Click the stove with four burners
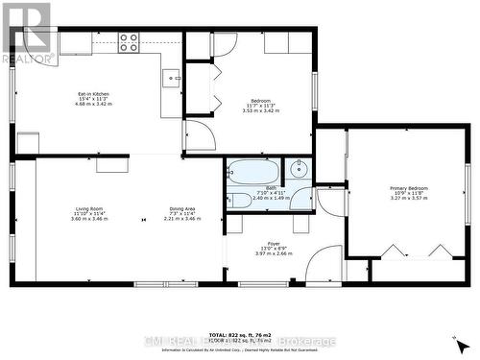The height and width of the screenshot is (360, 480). [129, 41]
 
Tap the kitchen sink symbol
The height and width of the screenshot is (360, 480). [172, 78]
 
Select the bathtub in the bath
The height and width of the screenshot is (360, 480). [252, 173]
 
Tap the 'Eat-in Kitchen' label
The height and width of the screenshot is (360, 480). [93, 93]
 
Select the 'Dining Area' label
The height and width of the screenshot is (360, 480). [182, 208]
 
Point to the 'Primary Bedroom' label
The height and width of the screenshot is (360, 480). [409, 188]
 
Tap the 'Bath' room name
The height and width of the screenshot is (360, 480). [272, 187]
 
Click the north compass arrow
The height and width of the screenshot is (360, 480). [460, 341]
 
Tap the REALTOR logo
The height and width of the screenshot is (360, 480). [26, 33]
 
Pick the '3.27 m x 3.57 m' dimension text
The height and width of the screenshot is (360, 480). [409, 199]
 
